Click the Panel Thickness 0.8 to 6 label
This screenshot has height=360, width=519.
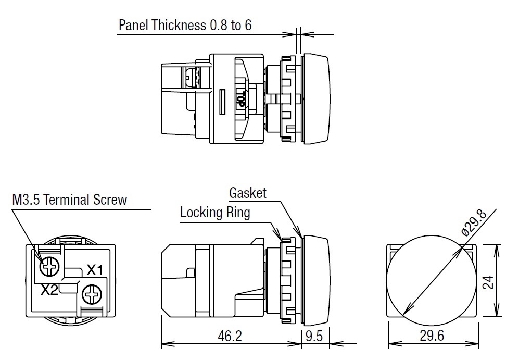(185, 25)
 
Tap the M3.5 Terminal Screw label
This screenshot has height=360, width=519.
(69, 200)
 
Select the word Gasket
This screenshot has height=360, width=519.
(248, 193)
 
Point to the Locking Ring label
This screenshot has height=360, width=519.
(214, 213)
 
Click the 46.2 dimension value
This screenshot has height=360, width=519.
(230, 336)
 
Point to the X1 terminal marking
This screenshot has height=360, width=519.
(95, 270)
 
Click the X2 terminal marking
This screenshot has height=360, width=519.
(49, 290)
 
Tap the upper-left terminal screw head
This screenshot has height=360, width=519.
(50, 267)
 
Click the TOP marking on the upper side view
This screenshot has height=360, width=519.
(240, 99)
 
